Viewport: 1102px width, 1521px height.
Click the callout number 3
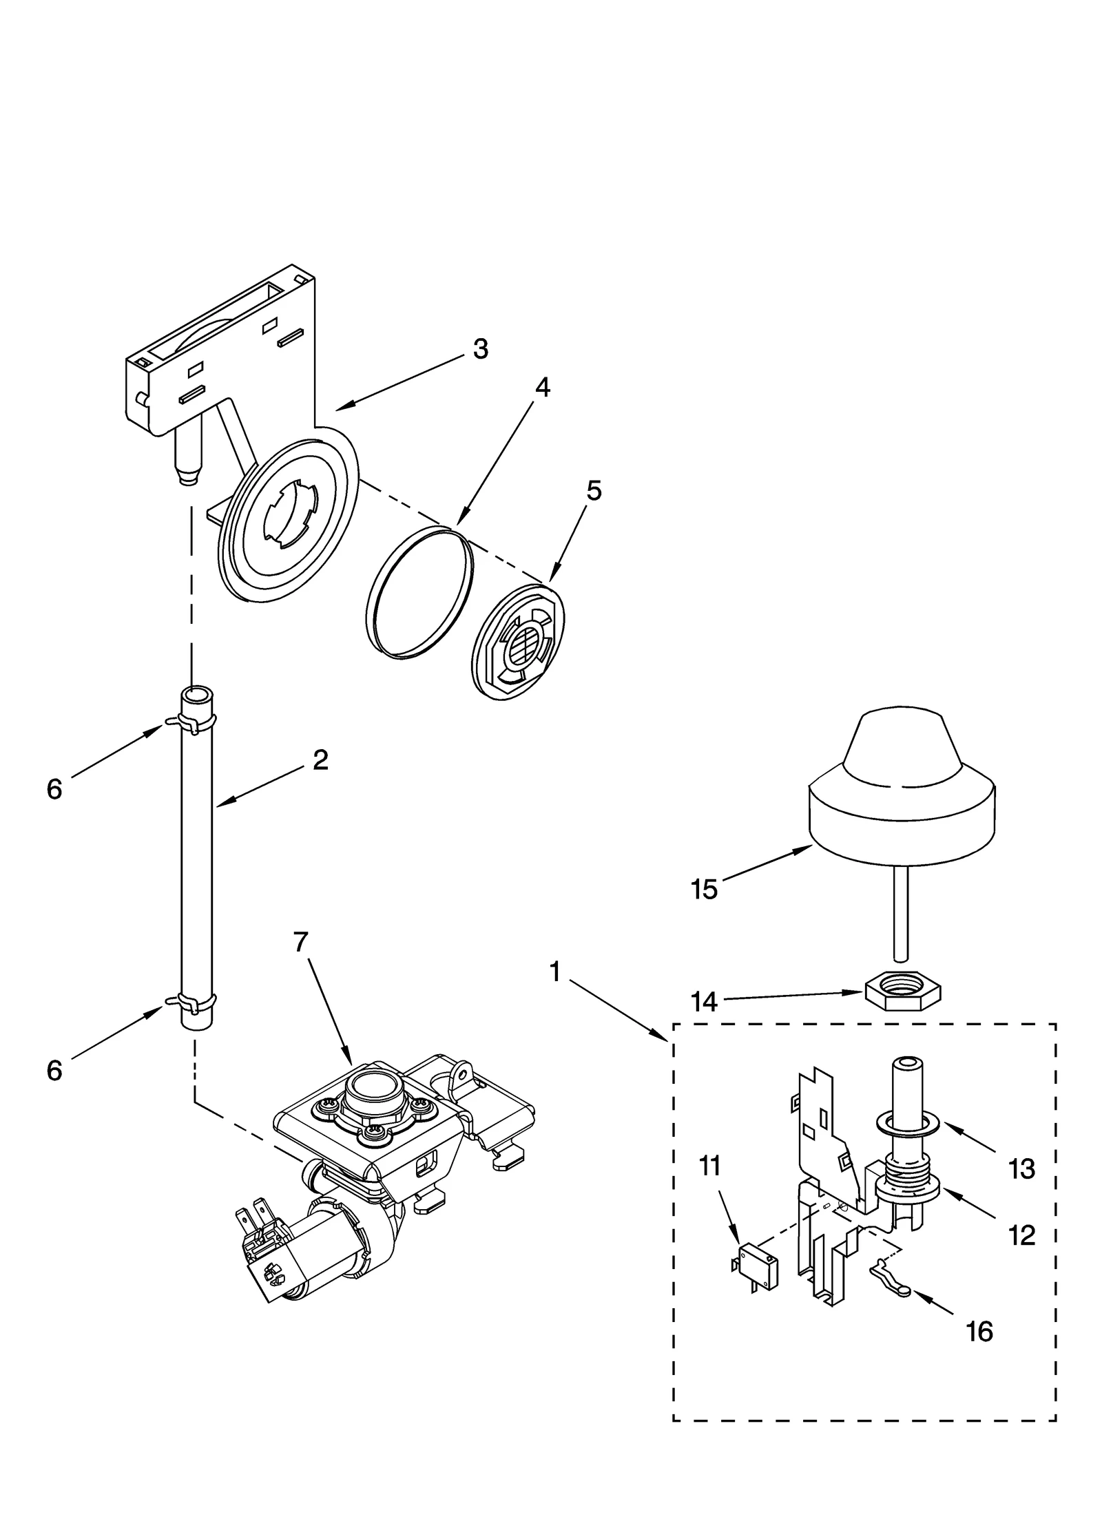481,349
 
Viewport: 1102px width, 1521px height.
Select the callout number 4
542,388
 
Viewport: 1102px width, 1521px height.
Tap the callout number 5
594,491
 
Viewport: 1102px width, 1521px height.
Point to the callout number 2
320,760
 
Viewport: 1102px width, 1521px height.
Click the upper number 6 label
55,789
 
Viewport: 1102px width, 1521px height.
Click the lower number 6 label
55,1070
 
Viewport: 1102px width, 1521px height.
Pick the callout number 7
301,942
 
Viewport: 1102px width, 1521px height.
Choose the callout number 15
705,890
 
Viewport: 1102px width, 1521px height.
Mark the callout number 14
705,1002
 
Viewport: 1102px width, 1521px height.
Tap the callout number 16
979,1332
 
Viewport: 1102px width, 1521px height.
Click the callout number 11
710,1166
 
